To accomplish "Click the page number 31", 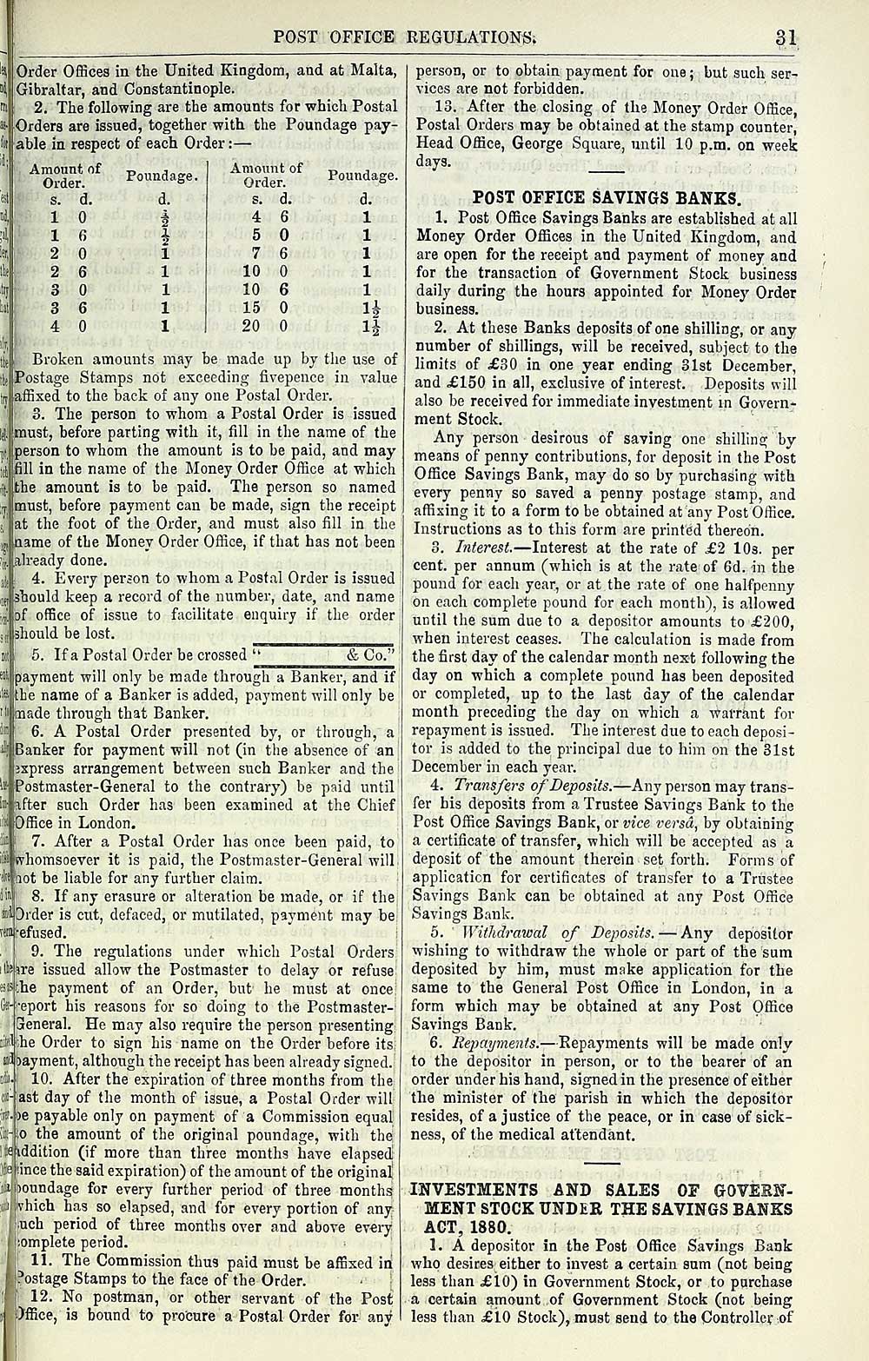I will coord(787,37).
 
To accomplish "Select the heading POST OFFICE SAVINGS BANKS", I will coord(607,197).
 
